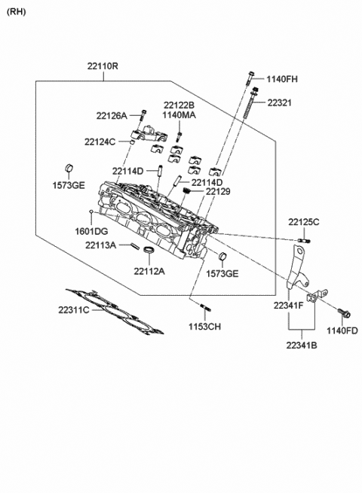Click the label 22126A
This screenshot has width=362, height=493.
112,116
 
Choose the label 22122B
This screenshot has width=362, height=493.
179,105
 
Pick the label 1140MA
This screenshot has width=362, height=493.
179,116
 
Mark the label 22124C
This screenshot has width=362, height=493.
100,141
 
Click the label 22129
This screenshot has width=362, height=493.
218,193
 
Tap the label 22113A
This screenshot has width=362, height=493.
100,245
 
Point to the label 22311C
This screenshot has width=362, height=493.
74,309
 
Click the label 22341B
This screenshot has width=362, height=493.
302,345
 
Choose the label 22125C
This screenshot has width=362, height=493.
303,221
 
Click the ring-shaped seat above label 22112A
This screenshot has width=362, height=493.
149,250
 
